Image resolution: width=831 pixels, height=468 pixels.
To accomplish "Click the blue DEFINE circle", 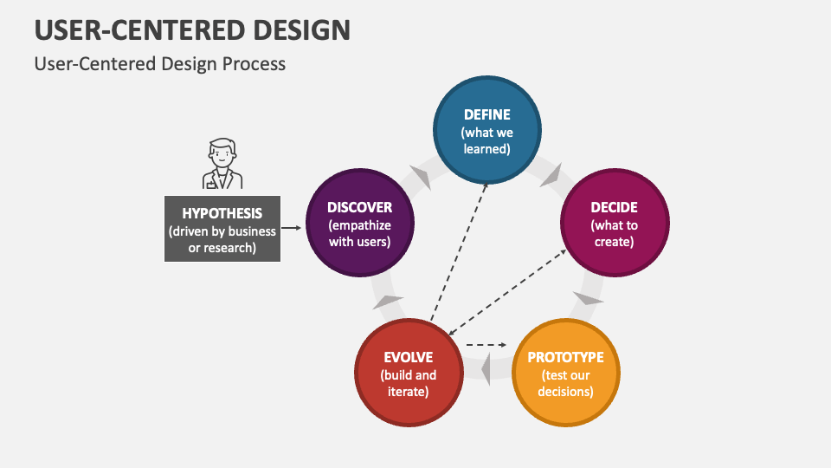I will point(486,130).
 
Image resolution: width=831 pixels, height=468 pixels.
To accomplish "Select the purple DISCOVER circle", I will point(360,223).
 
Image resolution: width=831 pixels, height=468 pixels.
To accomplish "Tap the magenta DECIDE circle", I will point(615,223).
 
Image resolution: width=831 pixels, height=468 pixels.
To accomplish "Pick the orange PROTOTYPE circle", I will point(566,372).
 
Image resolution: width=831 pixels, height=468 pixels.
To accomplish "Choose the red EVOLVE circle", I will point(409,372).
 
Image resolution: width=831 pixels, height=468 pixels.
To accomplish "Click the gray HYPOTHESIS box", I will point(222,229).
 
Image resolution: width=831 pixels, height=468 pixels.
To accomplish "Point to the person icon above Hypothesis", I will point(222,164).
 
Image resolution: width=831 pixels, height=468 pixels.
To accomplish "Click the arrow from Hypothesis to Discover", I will point(292,228).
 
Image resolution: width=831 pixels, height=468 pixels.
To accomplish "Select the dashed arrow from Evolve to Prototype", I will point(486,345).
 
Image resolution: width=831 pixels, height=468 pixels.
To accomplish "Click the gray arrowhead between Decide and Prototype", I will point(589,299).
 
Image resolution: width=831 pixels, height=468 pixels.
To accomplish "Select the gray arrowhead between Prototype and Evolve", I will point(487,370).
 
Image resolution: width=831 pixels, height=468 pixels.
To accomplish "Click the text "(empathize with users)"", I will point(360,233).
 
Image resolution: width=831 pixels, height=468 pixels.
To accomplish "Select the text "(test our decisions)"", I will point(566,383).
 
